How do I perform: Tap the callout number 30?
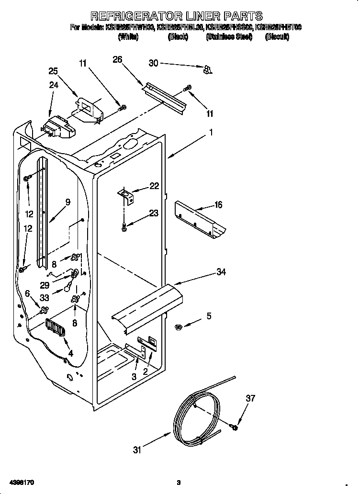[153, 63]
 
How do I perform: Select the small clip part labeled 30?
[207, 70]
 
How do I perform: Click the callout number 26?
[117, 59]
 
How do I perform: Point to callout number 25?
[53, 71]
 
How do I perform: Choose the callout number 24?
[53, 85]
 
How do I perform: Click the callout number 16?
[218, 205]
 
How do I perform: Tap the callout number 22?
[154, 186]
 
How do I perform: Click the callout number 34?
[221, 272]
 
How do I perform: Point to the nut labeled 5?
[177, 326]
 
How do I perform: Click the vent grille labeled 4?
[56, 330]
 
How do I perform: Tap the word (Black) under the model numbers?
[177, 37]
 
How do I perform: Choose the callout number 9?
[67, 202]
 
